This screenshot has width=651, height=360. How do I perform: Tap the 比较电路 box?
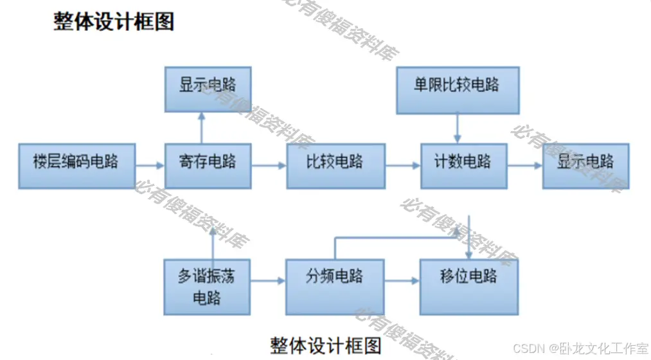(335, 166)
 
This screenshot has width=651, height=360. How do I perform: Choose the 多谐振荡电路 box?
(207, 287)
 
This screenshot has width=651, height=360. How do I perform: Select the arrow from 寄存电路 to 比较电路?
(268, 166)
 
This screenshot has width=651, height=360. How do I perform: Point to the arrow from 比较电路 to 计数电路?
(402, 166)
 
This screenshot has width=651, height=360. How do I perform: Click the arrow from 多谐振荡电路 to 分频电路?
(267, 281)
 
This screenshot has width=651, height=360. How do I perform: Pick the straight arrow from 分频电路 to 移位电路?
(402, 281)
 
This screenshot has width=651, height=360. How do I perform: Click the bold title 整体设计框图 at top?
(114, 22)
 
